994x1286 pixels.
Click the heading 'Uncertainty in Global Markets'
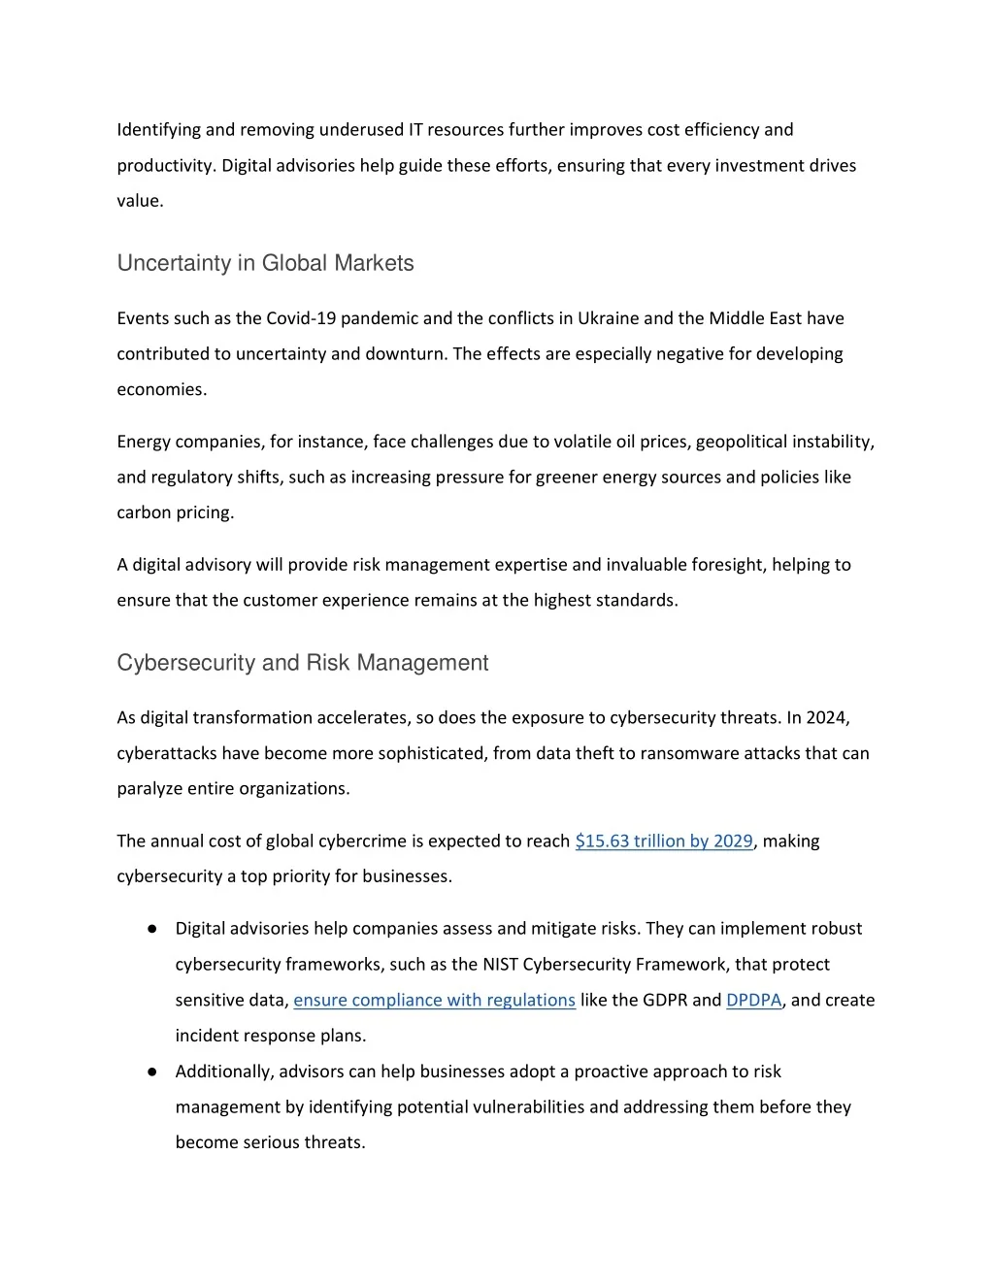pyautogui.click(x=265, y=263)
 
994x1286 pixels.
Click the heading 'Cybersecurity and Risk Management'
pyautogui.click(x=302, y=663)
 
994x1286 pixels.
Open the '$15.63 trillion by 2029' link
pyautogui.click(x=664, y=841)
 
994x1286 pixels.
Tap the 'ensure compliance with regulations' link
pyautogui.click(x=434, y=1001)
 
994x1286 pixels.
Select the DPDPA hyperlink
pyautogui.click(x=753, y=1001)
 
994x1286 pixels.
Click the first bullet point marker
pyautogui.click(x=152, y=929)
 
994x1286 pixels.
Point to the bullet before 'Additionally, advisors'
pyautogui.click(x=152, y=1072)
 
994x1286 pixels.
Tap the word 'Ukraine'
pyautogui.click(x=608, y=318)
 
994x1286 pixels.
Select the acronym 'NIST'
pyautogui.click(x=500, y=965)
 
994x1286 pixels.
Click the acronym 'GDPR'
pyautogui.click(x=665, y=1001)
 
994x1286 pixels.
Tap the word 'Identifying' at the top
pyautogui.click(x=158, y=130)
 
